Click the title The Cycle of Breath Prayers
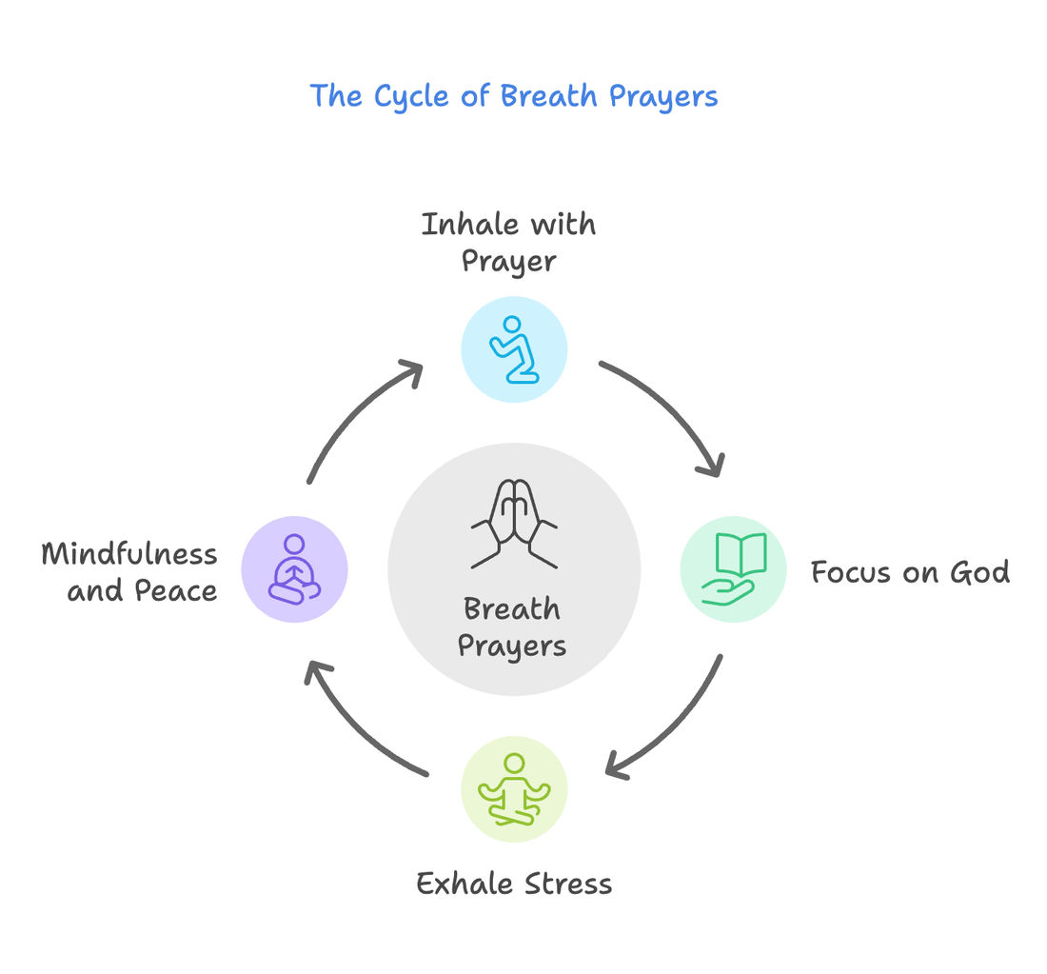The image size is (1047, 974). pyautogui.click(x=514, y=96)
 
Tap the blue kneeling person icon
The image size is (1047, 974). pyautogui.click(x=514, y=349)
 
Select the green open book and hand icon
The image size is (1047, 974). pyautogui.click(x=733, y=569)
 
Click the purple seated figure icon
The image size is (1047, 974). pyautogui.click(x=294, y=569)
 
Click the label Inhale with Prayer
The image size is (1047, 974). pyautogui.click(x=509, y=243)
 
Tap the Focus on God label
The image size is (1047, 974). pyautogui.click(x=910, y=572)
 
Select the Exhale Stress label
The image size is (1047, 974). pyautogui.click(x=514, y=884)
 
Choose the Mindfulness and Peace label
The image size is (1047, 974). pyautogui.click(x=130, y=572)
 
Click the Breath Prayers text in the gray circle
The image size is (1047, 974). pyautogui.click(x=512, y=626)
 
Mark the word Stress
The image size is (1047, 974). pyautogui.click(x=565, y=884)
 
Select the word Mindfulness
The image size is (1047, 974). pyautogui.click(x=130, y=554)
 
